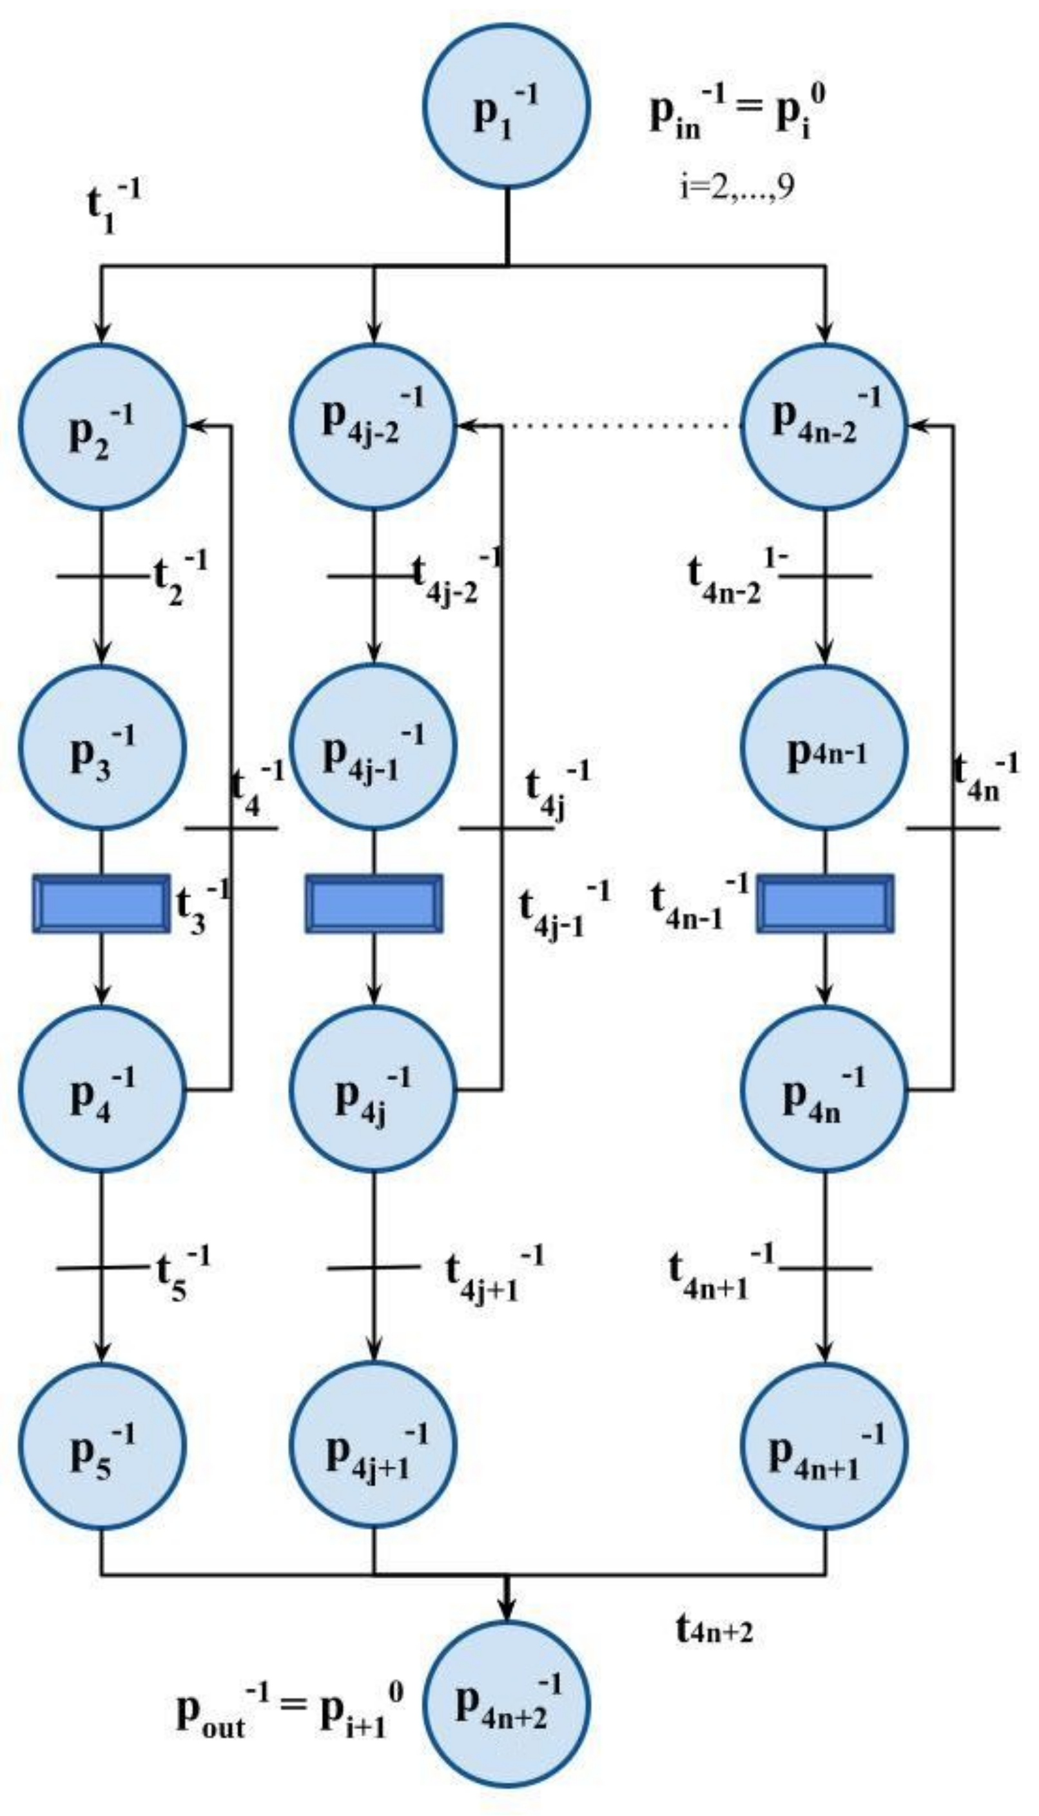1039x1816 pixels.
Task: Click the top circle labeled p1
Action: tap(506, 106)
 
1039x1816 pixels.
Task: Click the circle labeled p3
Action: tap(102, 747)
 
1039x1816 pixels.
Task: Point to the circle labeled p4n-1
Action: tap(824, 747)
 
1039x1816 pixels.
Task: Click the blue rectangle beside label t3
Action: tap(101, 903)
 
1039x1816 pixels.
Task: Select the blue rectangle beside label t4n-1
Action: tap(825, 903)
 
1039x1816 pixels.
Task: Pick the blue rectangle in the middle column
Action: tap(374, 903)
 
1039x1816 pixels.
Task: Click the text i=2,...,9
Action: tap(737, 188)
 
